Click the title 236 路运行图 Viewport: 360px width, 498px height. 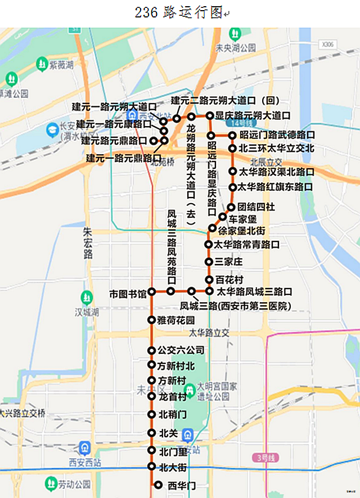(179, 13)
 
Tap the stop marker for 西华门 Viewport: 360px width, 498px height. (158, 485)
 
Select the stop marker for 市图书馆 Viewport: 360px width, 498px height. (151, 293)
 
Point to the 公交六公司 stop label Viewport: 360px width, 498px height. (181, 351)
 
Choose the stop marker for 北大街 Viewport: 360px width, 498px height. (151, 466)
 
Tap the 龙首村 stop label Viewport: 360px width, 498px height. (173, 397)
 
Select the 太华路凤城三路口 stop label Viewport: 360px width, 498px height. (254, 291)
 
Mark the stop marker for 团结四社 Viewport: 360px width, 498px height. (231, 207)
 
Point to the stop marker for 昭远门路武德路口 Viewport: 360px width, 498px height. (232, 135)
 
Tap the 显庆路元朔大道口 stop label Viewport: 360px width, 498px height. (253, 115)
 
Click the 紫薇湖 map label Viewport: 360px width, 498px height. (61, 65)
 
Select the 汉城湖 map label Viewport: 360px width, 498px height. (87, 311)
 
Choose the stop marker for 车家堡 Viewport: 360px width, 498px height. (222, 217)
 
